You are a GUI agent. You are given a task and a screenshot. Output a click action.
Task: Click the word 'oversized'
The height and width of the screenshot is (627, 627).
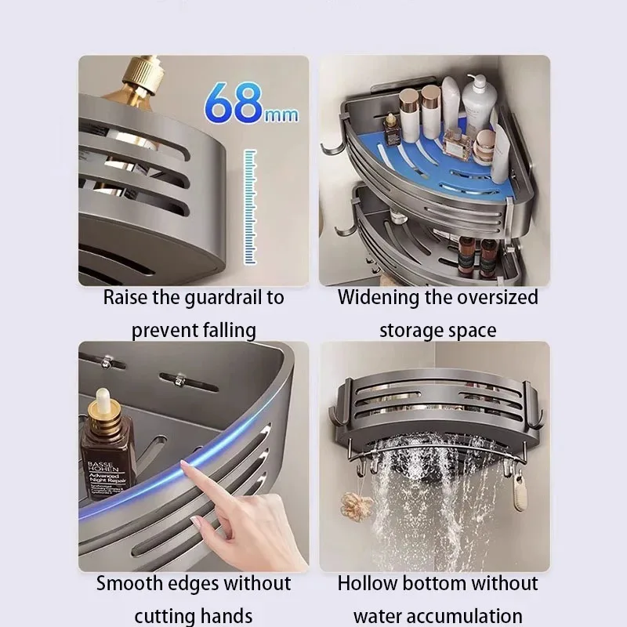(x=495, y=298)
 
